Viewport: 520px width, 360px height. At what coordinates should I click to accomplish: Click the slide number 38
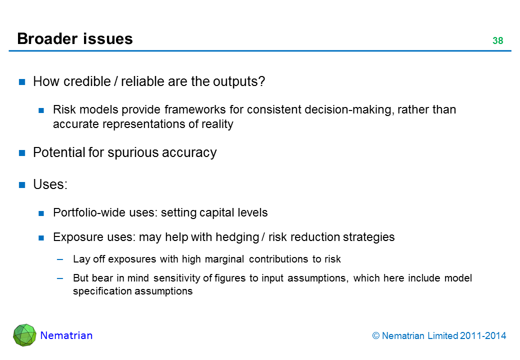point(498,41)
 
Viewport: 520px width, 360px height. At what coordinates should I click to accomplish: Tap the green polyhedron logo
point(24,335)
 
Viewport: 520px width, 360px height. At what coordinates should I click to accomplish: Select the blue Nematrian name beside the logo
point(66,335)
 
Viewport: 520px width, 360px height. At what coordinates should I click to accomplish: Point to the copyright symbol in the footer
point(375,336)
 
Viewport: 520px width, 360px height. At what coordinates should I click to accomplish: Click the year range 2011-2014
point(483,336)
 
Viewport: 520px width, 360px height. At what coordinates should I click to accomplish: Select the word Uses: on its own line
point(50,184)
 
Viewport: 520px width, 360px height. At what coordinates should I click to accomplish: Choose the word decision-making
point(348,110)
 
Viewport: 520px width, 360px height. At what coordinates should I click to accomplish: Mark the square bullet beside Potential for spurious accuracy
point(22,153)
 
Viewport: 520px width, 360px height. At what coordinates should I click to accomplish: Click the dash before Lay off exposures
point(60,259)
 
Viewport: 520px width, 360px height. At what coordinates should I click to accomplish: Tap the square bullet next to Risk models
point(41,110)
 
